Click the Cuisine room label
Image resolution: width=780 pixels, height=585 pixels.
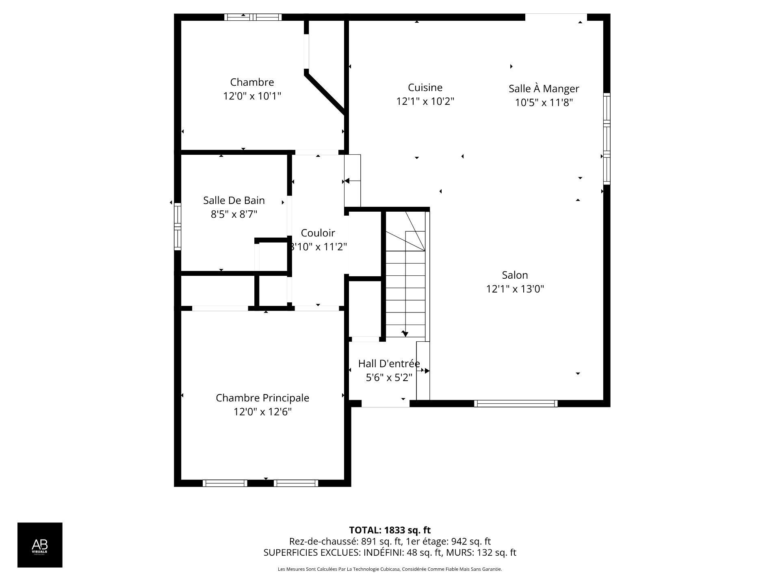pyautogui.click(x=425, y=87)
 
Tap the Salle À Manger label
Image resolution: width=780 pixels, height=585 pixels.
pyautogui.click(x=544, y=89)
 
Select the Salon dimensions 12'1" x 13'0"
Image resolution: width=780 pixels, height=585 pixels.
pyautogui.click(x=515, y=289)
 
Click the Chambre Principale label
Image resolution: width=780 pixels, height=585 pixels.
pyautogui.click(x=262, y=398)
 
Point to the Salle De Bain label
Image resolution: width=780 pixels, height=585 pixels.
pyautogui.click(x=234, y=200)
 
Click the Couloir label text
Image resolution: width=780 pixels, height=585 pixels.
pyautogui.click(x=318, y=233)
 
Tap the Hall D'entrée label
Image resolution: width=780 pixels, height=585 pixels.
pyautogui.click(x=389, y=364)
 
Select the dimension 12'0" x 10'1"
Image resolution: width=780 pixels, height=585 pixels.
pyautogui.click(x=252, y=96)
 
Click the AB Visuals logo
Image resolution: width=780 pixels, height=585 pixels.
pyautogui.click(x=40, y=544)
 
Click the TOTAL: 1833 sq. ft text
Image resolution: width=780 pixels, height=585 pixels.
pyautogui.click(x=390, y=530)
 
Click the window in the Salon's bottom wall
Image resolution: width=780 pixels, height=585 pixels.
pyautogui.click(x=515, y=403)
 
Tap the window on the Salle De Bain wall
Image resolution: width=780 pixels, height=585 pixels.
pyautogui.click(x=178, y=226)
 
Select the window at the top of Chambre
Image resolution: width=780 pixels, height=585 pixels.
pyautogui.click(x=253, y=17)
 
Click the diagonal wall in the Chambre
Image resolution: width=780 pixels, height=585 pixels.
pyautogui.click(x=325, y=93)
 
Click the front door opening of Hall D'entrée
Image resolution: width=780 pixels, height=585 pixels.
pyautogui.click(x=385, y=404)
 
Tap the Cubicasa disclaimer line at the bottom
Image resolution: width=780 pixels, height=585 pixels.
pyautogui.click(x=390, y=569)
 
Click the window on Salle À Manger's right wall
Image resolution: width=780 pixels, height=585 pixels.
pyautogui.click(x=606, y=138)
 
